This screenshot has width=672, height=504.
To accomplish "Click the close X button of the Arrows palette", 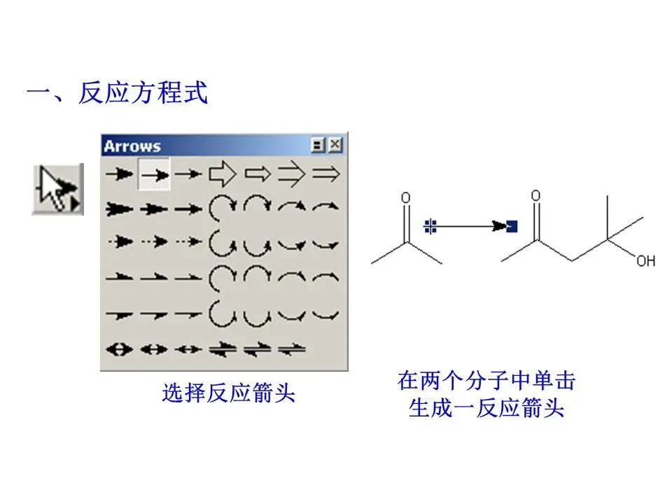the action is click(x=337, y=146).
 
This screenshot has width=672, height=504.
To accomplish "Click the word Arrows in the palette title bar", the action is click(x=132, y=146).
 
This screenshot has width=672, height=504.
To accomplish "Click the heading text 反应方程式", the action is click(x=143, y=93).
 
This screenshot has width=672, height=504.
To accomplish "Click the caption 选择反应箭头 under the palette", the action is click(x=229, y=393).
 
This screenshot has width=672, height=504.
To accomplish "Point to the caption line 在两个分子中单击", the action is click(x=486, y=381).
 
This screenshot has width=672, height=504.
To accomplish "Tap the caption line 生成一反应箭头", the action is click(x=486, y=408).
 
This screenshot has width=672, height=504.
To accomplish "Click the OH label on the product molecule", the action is click(x=645, y=261).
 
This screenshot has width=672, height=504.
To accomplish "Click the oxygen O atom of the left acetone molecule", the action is click(x=405, y=198).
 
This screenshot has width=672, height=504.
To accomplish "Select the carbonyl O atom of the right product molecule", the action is click(x=535, y=196).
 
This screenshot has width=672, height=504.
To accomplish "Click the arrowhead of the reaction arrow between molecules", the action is click(x=499, y=226).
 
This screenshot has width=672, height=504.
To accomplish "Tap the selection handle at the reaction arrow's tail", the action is click(x=430, y=226).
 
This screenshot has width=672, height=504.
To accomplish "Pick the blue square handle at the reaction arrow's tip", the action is click(x=512, y=226).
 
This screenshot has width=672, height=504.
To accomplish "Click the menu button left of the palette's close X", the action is click(x=319, y=146).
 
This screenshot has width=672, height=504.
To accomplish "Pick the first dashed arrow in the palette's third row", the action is click(x=120, y=241).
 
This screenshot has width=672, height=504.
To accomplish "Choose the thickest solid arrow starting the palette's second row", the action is click(x=120, y=208).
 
